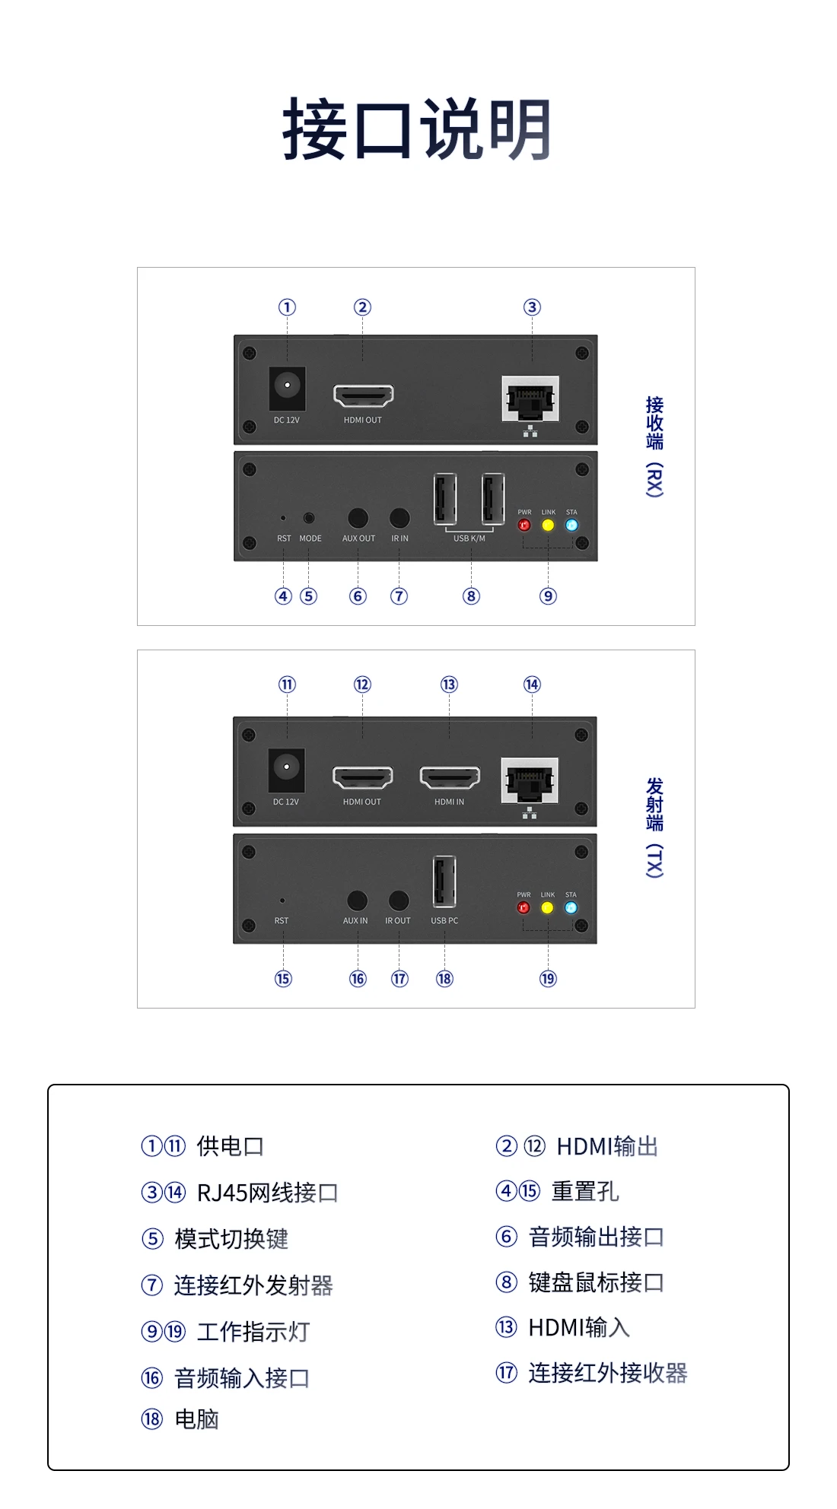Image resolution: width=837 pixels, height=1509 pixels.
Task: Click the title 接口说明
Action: [417, 129]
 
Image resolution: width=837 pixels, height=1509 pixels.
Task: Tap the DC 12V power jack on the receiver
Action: [287, 386]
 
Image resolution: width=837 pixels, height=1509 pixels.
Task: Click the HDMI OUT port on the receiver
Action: [363, 396]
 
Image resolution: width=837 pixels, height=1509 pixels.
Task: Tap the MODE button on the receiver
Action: [309, 518]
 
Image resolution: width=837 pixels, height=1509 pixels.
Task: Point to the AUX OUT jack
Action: [358, 518]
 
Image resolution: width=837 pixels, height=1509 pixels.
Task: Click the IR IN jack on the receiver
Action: [399, 518]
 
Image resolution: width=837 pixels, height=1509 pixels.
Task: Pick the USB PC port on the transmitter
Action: [444, 882]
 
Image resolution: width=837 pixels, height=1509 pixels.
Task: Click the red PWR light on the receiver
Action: [524, 525]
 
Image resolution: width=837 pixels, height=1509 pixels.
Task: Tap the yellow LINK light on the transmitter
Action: [547, 907]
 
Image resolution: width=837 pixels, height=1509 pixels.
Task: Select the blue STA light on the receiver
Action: [571, 525]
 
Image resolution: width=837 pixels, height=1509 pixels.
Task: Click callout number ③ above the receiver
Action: [532, 307]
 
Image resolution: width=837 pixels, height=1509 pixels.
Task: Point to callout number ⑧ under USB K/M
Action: [471, 596]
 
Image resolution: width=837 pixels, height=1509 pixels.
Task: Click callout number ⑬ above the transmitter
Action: [449, 685]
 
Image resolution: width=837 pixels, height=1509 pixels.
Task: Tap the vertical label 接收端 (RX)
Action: [654, 446]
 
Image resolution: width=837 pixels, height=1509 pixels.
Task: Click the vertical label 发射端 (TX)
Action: [654, 827]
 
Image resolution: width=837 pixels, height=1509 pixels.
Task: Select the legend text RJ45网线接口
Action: [267, 1193]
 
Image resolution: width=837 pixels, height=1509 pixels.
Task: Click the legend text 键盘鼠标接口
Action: [596, 1282]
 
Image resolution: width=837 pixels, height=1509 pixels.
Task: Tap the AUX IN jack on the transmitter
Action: [357, 901]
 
